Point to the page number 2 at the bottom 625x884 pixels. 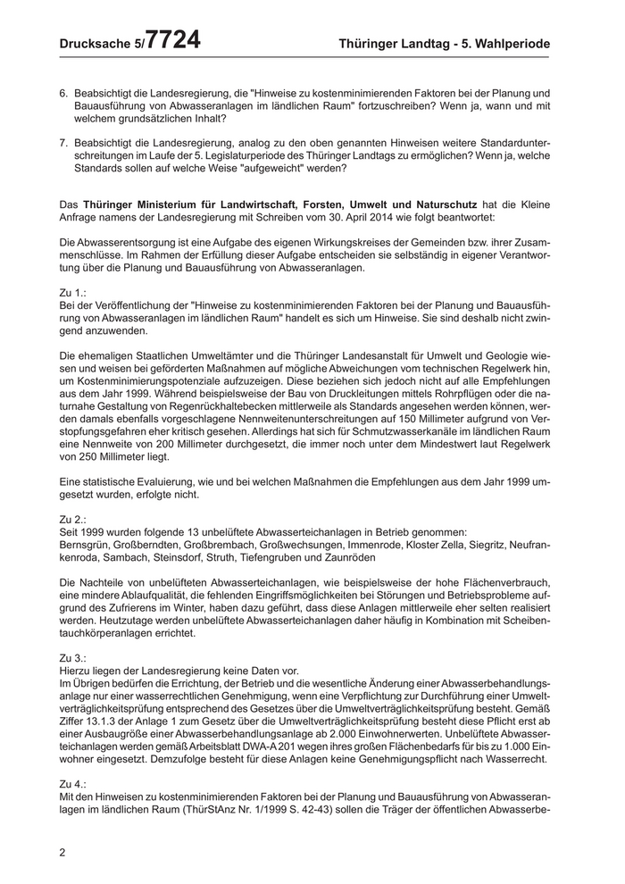(62, 852)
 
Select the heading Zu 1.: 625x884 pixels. (73, 292)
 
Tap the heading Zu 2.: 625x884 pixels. (73, 518)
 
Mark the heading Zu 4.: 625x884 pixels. (73, 782)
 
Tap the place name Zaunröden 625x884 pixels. (349, 556)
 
